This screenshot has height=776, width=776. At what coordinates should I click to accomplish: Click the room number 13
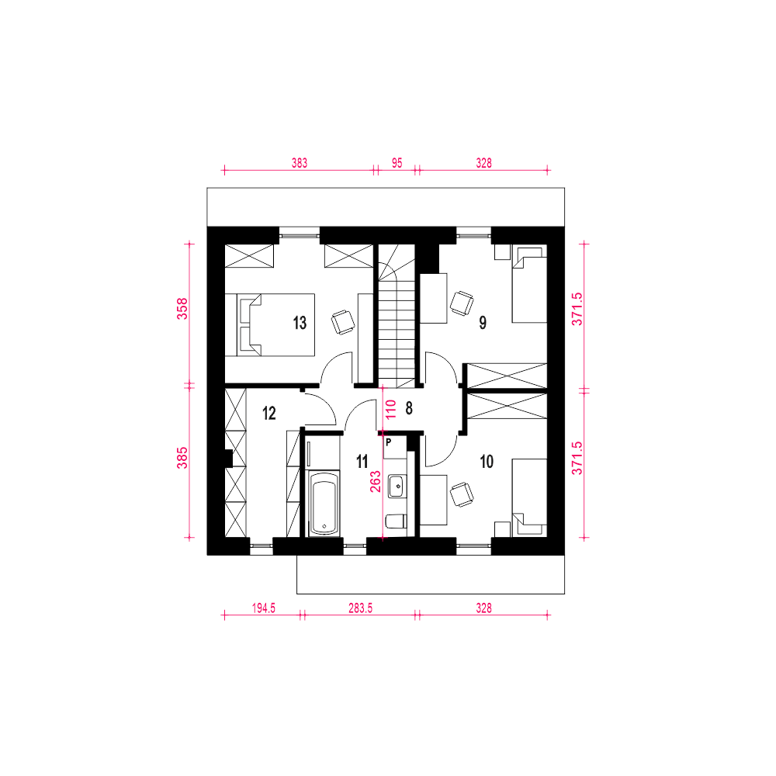click(x=300, y=323)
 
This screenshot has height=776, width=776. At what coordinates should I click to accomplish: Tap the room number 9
click(x=483, y=323)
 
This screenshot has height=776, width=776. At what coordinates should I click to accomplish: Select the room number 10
click(x=487, y=462)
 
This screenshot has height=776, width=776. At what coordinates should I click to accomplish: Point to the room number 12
click(x=269, y=413)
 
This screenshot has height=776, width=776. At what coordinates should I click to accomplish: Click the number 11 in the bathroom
click(x=362, y=462)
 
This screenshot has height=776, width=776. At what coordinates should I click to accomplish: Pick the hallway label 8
click(x=409, y=408)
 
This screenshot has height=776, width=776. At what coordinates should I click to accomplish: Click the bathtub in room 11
click(x=324, y=503)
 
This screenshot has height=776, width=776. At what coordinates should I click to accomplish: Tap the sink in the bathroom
click(x=396, y=486)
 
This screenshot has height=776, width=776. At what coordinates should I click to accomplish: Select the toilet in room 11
click(x=396, y=521)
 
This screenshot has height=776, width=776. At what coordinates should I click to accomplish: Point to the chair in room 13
click(x=343, y=322)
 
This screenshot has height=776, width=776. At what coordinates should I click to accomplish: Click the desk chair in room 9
click(x=462, y=303)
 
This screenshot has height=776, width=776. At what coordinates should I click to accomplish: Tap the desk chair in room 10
click(x=462, y=494)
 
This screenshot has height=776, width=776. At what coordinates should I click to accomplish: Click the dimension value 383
click(x=299, y=163)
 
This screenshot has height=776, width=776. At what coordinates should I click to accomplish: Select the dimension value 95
click(x=397, y=163)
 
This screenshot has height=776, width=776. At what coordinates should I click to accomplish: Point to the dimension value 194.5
click(x=263, y=608)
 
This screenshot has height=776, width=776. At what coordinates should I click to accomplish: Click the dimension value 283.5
click(x=360, y=608)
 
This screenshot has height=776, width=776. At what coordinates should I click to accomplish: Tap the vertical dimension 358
click(x=182, y=308)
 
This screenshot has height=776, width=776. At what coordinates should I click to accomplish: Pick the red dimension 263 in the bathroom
click(x=376, y=482)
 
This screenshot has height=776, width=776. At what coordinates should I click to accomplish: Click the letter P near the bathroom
click(x=388, y=442)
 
